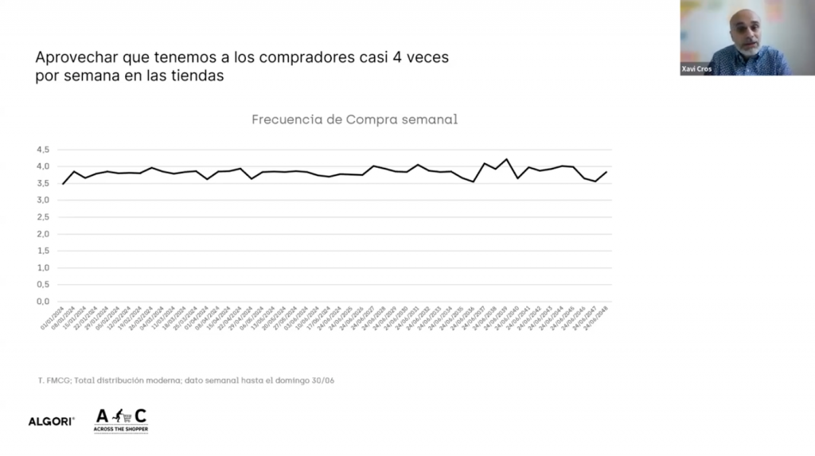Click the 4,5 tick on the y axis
coord(42,150)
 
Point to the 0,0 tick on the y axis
coord(42,302)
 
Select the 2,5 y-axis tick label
coord(42,217)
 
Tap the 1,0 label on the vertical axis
coord(42,268)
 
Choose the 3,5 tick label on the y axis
coord(42,183)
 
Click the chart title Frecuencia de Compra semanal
coord(354,120)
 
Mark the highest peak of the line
coord(507,159)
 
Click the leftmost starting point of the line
coord(64,184)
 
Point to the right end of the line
coord(606,172)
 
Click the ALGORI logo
coord(51,421)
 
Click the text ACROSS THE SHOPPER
coord(121,430)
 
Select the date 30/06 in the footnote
coord(322,380)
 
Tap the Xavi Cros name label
coord(696,69)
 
